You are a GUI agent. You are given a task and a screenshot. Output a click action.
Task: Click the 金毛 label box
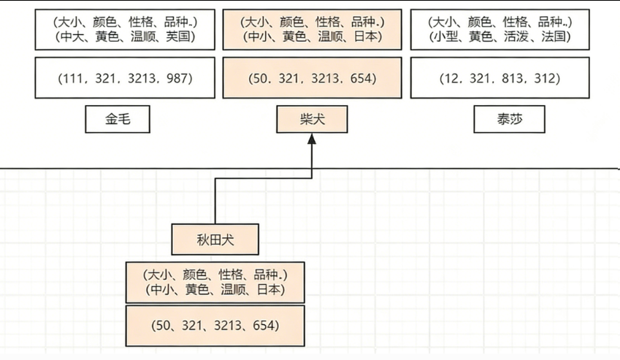pyautogui.click(x=118, y=120)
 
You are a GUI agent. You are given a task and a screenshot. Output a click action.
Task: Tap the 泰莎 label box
pyautogui.click(x=509, y=120)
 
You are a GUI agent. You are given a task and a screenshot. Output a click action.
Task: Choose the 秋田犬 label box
pyautogui.click(x=215, y=239)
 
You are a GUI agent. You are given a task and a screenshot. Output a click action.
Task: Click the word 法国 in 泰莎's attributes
pyautogui.click(x=555, y=36)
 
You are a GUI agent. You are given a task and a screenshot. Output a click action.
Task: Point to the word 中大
pyautogui.click(x=72, y=36)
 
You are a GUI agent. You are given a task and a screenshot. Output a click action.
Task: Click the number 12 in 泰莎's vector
pyautogui.click(x=447, y=78)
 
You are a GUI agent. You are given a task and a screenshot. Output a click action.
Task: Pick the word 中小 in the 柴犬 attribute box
pyautogui.click(x=260, y=36)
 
